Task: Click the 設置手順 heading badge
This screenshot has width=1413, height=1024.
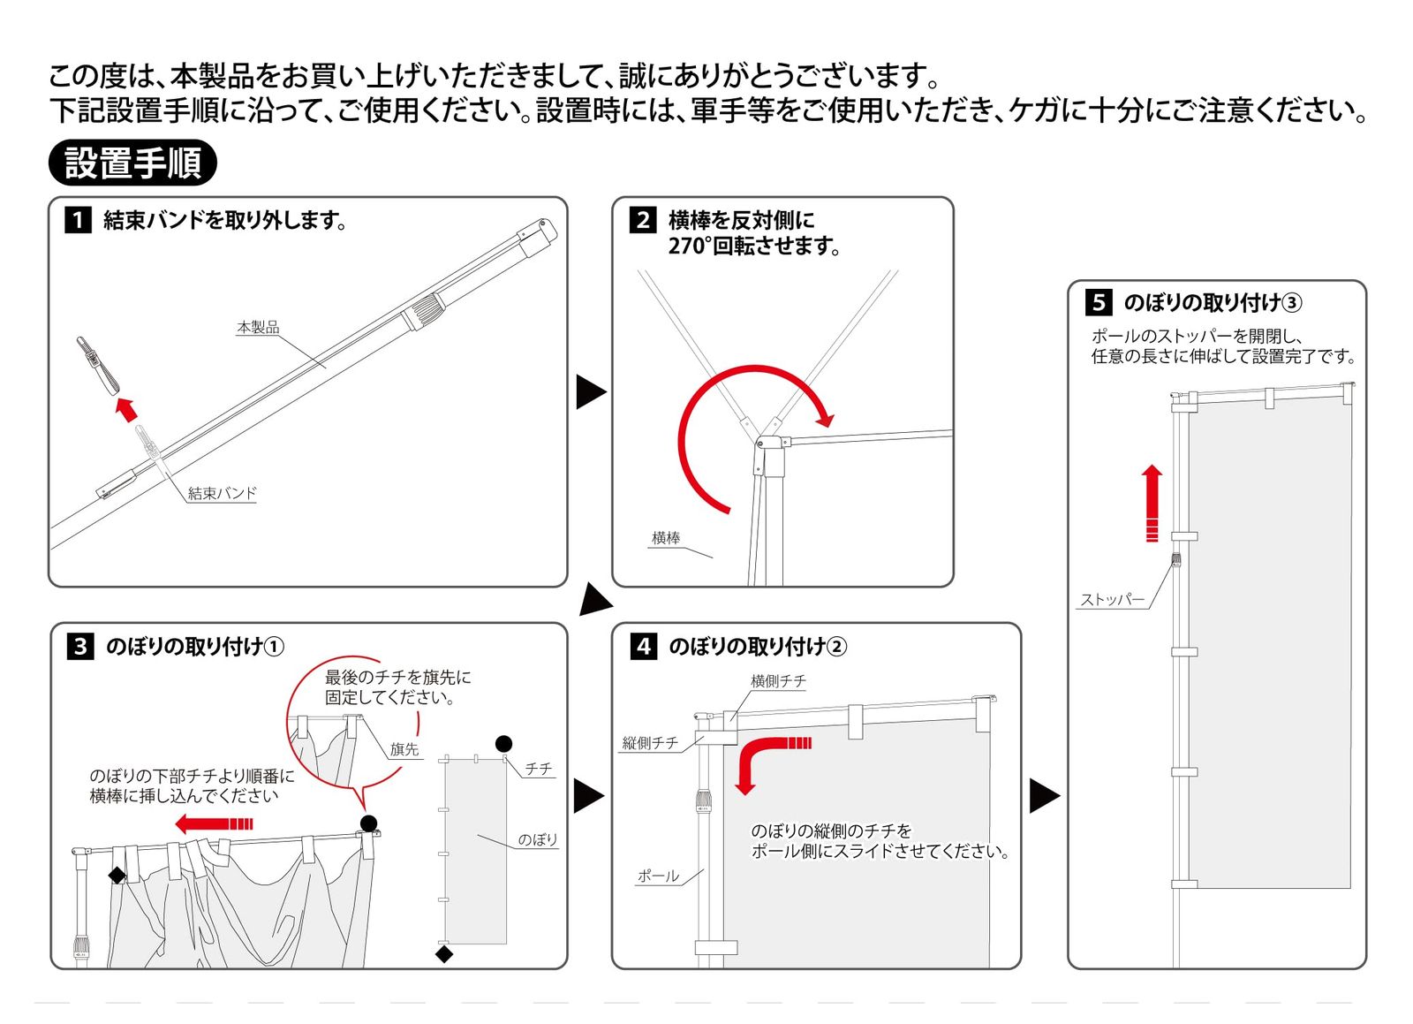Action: [132, 163]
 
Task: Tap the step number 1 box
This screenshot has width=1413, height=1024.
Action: [78, 219]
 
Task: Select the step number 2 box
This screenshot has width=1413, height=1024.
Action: [643, 219]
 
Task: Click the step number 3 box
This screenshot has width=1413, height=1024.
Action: [80, 646]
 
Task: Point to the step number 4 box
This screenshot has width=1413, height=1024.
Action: [644, 646]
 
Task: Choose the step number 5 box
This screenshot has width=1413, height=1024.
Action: [1099, 302]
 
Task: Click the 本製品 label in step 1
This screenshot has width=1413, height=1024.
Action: [258, 327]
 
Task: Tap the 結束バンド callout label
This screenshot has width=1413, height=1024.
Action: [223, 493]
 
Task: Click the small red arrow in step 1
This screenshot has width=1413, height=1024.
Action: [127, 408]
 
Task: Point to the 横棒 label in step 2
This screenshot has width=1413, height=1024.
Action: [666, 537]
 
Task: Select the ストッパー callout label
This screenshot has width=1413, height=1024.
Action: [1113, 599]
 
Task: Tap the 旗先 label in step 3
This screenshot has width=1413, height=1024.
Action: [404, 749]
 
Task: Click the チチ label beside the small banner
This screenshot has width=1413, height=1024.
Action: [539, 769]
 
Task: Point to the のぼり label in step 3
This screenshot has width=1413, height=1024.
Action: [538, 839]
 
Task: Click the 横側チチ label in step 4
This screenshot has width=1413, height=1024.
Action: [778, 680]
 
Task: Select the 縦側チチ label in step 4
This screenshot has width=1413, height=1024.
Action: [651, 742]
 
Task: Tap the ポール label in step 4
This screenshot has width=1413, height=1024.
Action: [659, 876]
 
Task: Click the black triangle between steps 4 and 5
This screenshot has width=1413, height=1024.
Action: [1044, 795]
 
